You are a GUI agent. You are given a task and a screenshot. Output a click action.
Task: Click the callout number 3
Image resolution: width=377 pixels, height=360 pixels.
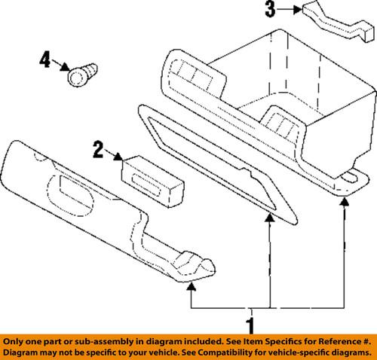270,10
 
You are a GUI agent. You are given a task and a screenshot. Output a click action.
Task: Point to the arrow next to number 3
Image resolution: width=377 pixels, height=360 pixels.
289,11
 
